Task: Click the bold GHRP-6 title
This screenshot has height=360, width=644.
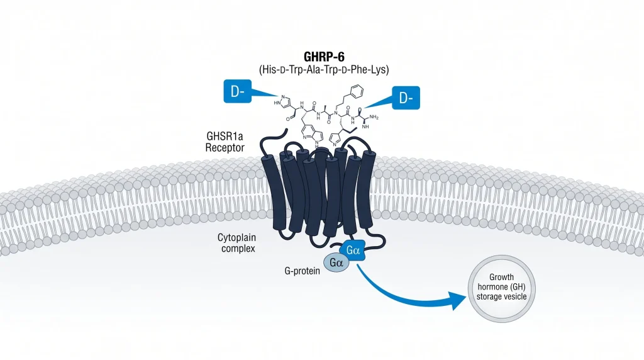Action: point(324,56)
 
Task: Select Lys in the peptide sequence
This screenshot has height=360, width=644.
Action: point(377,69)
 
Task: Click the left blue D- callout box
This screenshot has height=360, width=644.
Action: point(237,91)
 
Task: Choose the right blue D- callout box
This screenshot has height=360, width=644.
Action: point(406,98)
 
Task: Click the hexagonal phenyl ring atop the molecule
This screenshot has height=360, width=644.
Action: point(357,91)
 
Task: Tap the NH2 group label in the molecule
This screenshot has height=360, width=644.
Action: point(374,117)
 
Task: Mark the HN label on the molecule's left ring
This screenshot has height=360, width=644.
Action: point(277,103)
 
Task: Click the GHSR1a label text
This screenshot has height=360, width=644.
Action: point(225,136)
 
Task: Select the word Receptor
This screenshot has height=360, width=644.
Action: point(225,147)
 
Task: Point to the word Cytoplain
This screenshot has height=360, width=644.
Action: point(236,237)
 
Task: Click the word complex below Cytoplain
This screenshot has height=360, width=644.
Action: point(238,249)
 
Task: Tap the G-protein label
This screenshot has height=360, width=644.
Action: point(303,271)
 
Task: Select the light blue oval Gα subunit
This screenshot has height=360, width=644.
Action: point(336,262)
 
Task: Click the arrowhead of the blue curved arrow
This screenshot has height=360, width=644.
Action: point(458,301)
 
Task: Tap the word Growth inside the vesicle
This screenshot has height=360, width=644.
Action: point(501,277)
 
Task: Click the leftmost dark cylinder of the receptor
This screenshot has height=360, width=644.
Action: point(273,191)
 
